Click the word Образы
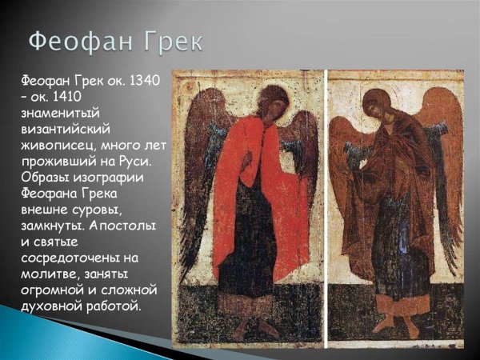click(x=42, y=176)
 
